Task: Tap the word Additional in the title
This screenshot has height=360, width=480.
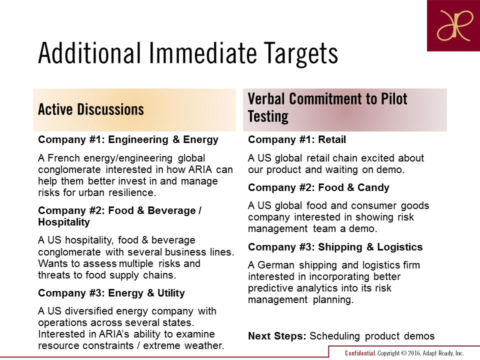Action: coord(89,52)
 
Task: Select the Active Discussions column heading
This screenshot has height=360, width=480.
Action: coord(91,109)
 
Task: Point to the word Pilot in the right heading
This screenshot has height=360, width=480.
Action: coord(393,98)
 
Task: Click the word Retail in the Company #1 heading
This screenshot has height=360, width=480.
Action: coord(332,139)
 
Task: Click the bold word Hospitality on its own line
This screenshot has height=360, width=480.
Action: coord(64,222)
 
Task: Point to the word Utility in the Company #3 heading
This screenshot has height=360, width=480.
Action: coord(171,293)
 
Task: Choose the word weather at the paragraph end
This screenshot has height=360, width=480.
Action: coord(204,345)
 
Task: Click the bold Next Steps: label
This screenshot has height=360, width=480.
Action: coord(277,336)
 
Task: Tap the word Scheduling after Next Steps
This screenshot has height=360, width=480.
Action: coord(334,336)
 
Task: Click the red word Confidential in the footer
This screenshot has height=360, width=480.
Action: coord(360,353)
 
